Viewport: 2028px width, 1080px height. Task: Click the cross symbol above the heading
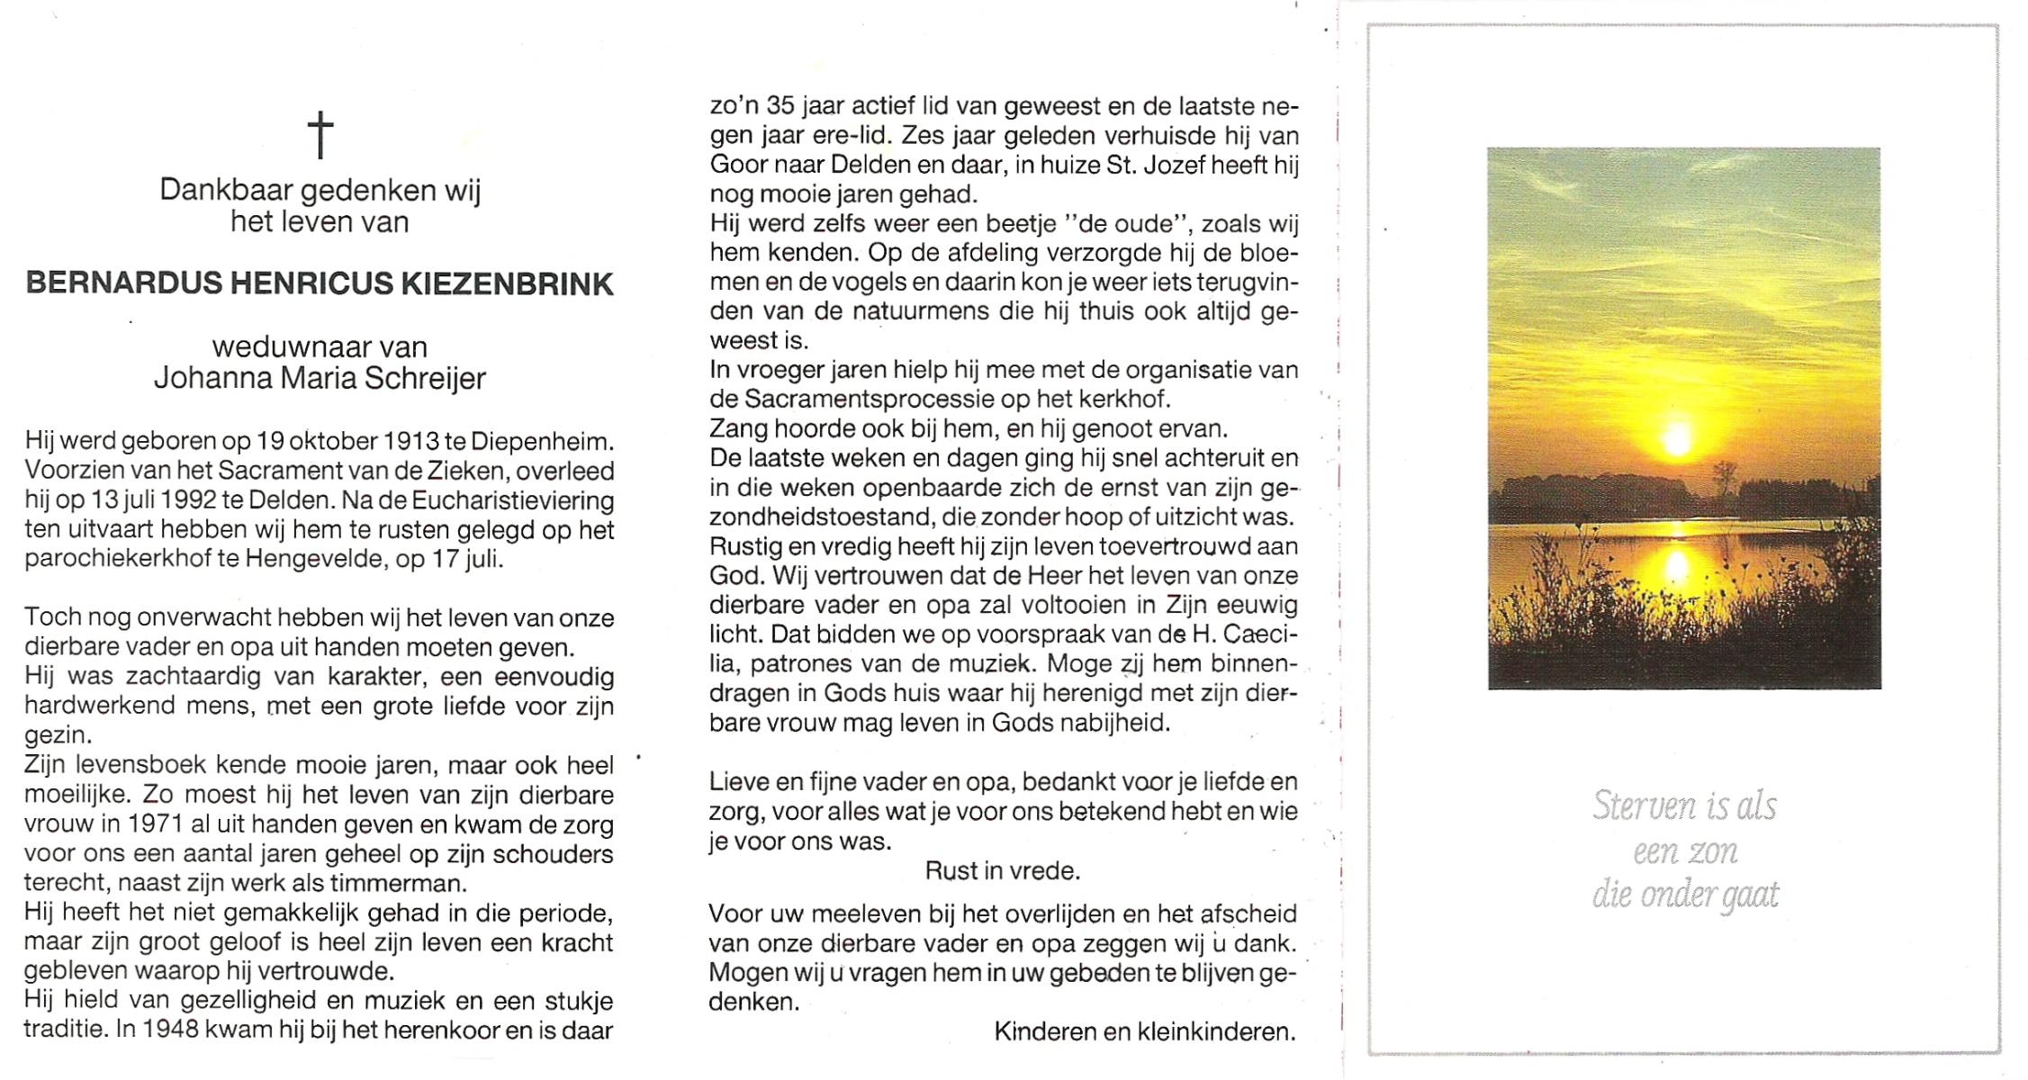pos(320,134)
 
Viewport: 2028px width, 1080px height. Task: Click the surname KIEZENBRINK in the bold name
pos(507,284)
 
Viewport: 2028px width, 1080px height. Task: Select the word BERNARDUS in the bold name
pos(123,284)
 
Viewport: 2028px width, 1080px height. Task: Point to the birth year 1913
pos(411,442)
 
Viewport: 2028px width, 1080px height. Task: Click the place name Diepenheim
pos(541,442)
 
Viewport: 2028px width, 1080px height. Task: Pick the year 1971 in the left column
pos(155,824)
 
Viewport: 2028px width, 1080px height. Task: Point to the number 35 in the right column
pos(780,106)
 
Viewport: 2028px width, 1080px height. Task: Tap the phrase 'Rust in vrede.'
pos(1002,871)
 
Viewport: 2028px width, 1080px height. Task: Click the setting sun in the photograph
pos(1676,440)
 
